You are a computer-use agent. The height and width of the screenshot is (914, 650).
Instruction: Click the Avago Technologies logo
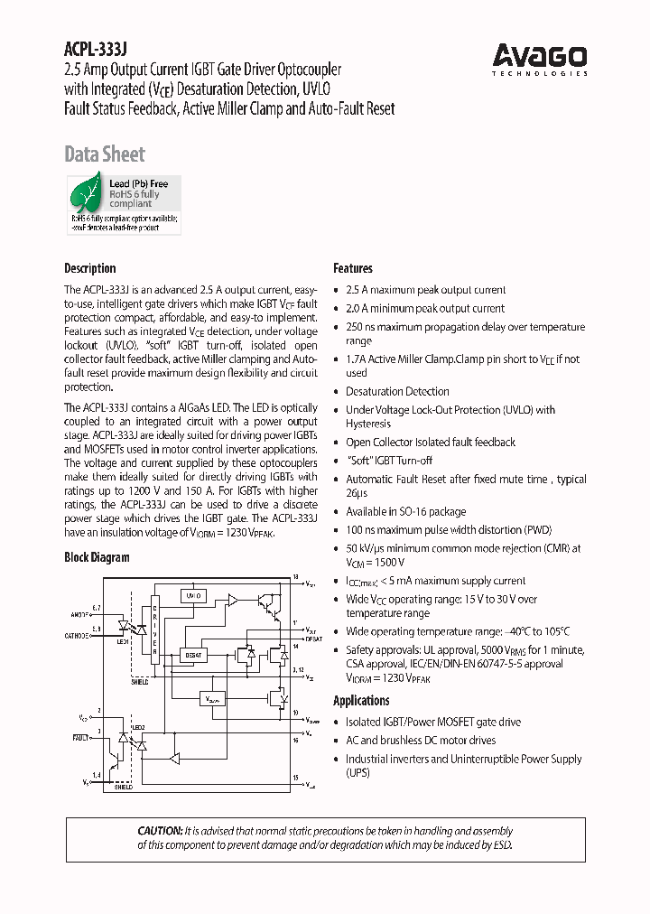(540, 60)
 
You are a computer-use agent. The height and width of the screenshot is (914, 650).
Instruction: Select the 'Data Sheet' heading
(104, 154)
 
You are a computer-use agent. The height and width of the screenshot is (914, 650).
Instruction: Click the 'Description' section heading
(89, 268)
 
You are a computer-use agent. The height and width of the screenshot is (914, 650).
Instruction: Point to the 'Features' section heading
(352, 268)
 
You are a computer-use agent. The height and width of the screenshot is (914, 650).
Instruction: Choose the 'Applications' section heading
(361, 701)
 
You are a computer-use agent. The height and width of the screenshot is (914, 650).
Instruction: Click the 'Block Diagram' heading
(97, 558)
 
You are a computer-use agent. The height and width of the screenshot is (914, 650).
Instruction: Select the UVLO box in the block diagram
(193, 596)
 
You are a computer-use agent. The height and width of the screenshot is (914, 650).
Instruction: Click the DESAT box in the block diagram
(192, 655)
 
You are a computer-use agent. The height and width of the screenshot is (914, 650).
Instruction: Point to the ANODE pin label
(79, 614)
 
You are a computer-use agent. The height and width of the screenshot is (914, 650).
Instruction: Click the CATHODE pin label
(76, 636)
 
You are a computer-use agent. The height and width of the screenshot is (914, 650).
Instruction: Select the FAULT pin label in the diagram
(80, 738)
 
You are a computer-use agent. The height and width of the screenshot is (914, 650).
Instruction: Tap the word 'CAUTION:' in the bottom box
(160, 831)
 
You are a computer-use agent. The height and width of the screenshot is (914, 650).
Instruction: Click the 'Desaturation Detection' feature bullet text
(397, 392)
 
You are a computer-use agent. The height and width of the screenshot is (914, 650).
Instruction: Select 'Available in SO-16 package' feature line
(405, 511)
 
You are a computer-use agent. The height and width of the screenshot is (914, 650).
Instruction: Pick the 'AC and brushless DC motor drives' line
(420, 741)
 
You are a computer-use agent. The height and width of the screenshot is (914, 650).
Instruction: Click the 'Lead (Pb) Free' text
(138, 184)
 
